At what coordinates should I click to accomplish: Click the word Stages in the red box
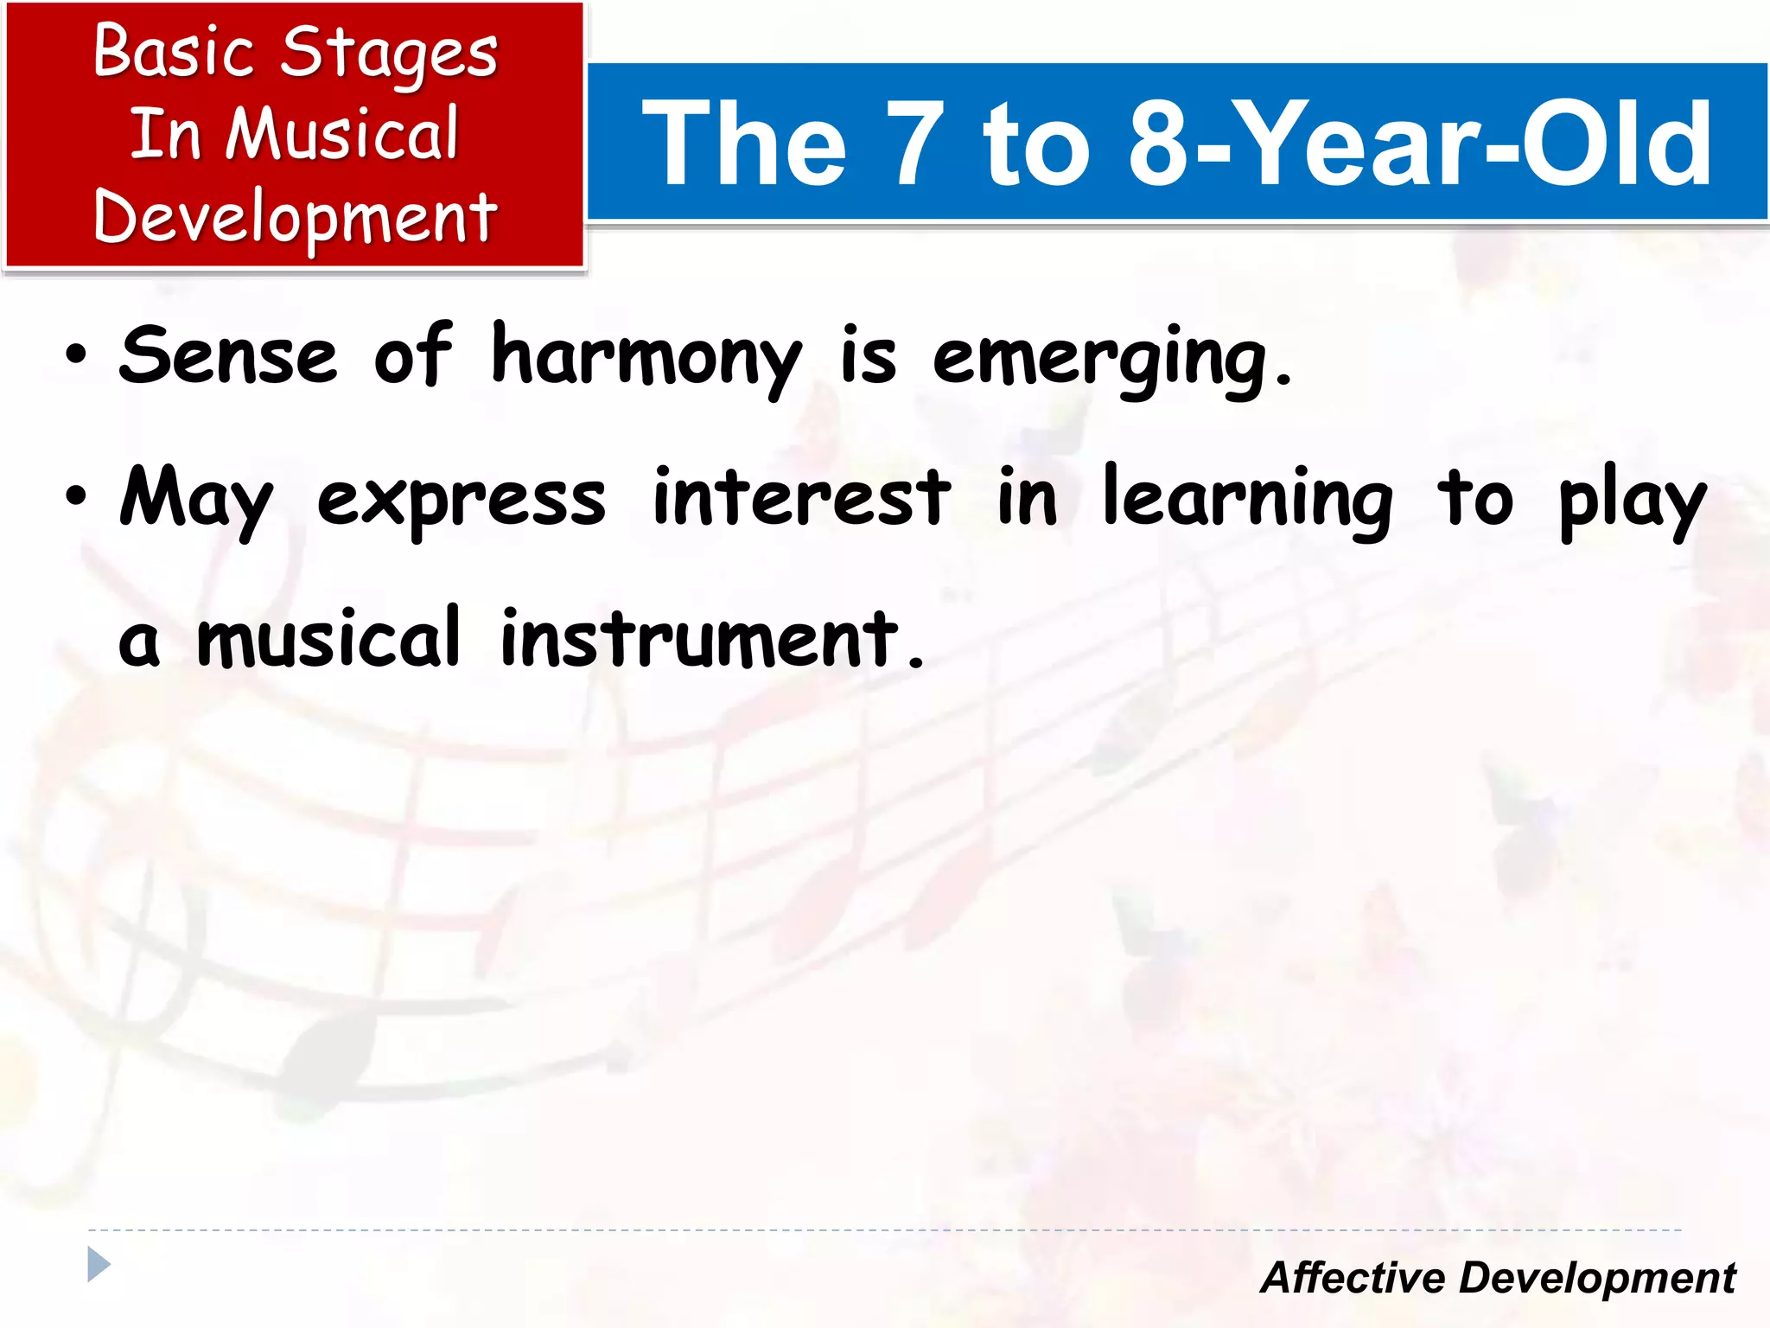pyautogui.click(x=389, y=54)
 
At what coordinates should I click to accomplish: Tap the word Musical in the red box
pyautogui.click(x=342, y=135)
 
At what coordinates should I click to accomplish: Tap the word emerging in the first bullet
pyautogui.click(x=1099, y=358)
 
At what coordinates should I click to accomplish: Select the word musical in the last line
pyautogui.click(x=328, y=640)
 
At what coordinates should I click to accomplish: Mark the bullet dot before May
pyautogui.click(x=76, y=496)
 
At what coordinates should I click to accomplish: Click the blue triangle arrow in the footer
pyautogui.click(x=99, y=1265)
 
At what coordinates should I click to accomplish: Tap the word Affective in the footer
pyautogui.click(x=1353, y=1278)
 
